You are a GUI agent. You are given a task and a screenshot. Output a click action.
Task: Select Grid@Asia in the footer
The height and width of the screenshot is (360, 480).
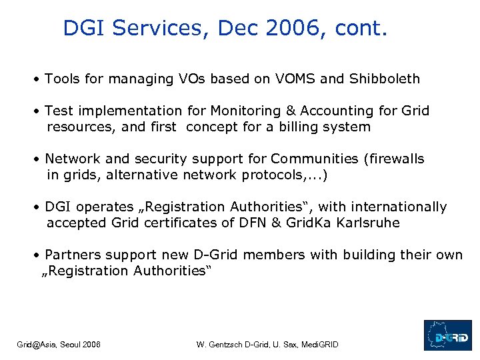(x=37, y=344)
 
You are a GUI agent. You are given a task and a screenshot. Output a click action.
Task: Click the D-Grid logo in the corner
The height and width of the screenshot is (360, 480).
(x=447, y=335)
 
